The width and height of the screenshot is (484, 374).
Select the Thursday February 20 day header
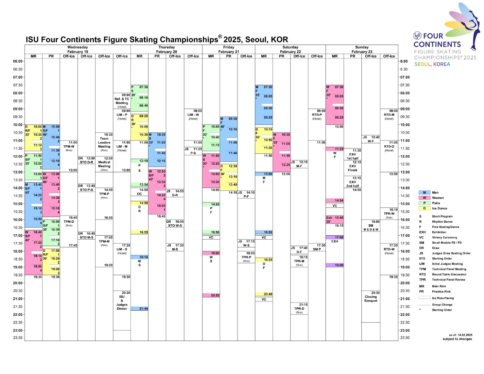[166, 50]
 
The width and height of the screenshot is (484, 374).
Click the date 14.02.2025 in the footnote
[464, 335]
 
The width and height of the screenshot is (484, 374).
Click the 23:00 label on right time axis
[405, 330]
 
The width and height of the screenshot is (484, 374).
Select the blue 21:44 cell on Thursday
[139, 309]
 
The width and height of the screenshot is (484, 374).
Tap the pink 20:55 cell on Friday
[211, 295]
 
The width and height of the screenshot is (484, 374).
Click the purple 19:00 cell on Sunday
[334, 265]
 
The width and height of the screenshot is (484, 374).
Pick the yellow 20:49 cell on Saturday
[264, 294]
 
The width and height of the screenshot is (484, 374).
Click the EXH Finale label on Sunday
[353, 168]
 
